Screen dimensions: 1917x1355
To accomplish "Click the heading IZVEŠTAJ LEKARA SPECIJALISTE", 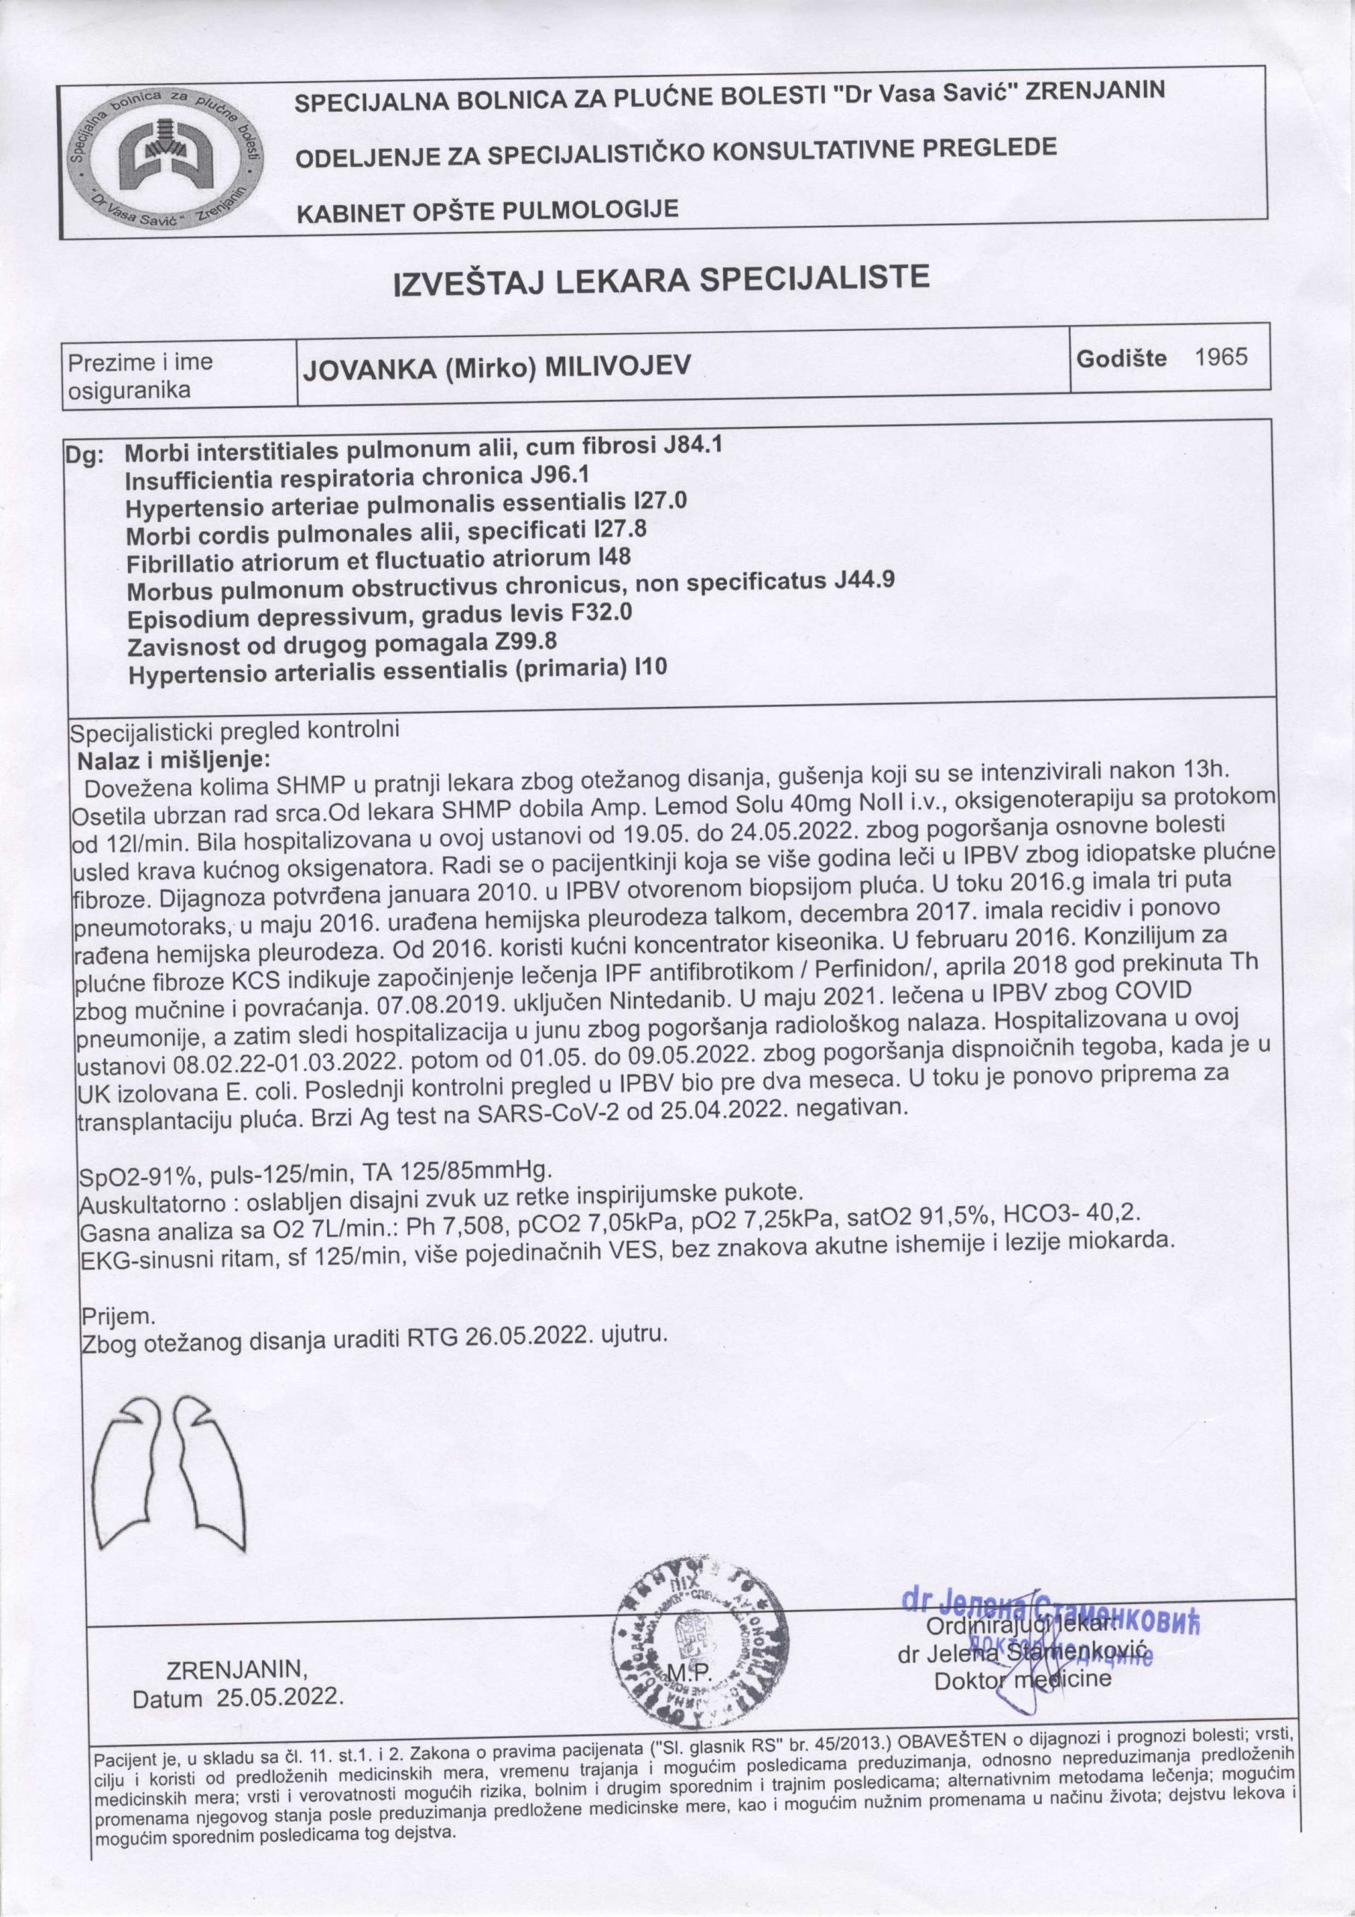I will pos(661,282).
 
